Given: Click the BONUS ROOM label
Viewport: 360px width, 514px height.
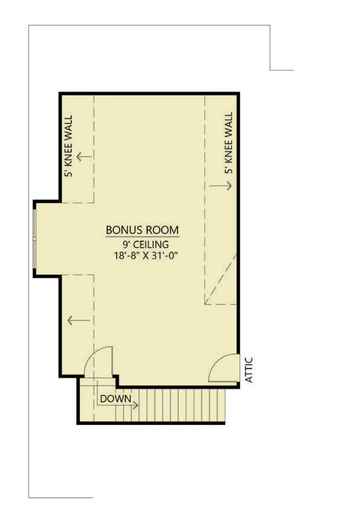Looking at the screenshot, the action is (x=142, y=230).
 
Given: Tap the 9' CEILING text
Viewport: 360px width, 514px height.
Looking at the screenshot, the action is (x=146, y=244).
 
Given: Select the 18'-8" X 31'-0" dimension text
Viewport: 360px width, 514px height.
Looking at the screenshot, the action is (x=146, y=255).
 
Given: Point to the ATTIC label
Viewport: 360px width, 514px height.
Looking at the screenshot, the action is (x=249, y=370).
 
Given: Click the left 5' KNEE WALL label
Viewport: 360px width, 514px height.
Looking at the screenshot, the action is (x=68, y=146).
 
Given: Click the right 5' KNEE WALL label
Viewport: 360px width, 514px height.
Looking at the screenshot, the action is (x=228, y=143).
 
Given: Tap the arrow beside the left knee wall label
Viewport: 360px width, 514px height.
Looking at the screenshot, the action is (x=84, y=157).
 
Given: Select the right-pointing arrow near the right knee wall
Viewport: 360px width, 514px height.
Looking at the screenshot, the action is (x=220, y=186).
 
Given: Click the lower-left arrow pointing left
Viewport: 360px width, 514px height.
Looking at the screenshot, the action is (x=78, y=320).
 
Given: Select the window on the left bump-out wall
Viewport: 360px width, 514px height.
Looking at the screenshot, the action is (x=35, y=238).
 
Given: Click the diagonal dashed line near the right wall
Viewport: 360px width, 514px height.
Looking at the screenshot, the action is (x=220, y=279).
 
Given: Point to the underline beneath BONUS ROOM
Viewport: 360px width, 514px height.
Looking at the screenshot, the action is (x=142, y=236).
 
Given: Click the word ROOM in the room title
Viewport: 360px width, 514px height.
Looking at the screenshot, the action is (x=162, y=230).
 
